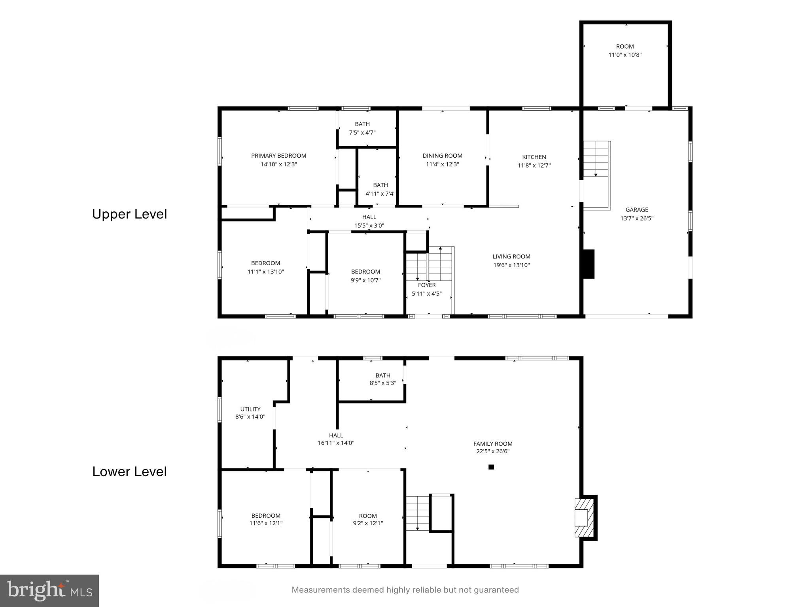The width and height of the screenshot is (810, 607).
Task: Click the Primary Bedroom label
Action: (x=278, y=156)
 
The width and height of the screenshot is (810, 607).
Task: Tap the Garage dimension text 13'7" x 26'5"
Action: (x=636, y=218)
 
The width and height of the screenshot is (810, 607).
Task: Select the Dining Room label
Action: (x=442, y=156)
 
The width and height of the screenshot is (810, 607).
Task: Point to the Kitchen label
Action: (x=534, y=157)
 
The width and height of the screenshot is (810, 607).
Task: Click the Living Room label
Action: (x=511, y=256)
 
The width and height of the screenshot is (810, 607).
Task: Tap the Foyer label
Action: (x=427, y=285)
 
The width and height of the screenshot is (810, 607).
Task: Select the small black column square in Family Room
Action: (x=491, y=467)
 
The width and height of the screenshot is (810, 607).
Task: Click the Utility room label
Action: (x=250, y=409)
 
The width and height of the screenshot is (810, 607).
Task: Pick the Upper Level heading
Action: (x=129, y=214)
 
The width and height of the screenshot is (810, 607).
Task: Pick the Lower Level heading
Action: (x=129, y=471)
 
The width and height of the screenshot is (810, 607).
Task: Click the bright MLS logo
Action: (x=49, y=590)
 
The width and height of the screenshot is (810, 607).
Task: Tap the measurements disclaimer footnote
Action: (x=405, y=590)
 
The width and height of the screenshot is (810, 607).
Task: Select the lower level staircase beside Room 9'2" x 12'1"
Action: (x=418, y=513)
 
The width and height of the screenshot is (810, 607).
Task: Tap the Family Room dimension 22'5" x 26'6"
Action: (x=493, y=451)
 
